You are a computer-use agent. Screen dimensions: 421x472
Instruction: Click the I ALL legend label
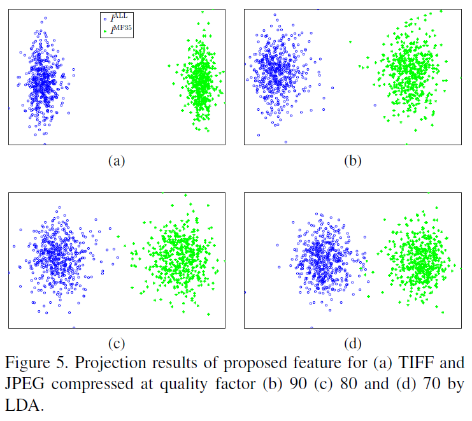click(118, 18)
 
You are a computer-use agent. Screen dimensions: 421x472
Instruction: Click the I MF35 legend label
click(120, 29)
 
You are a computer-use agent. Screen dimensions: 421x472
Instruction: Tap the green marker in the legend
click(105, 29)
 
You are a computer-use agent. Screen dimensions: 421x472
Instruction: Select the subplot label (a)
click(116, 161)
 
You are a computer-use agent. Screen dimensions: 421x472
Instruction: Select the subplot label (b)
click(352, 161)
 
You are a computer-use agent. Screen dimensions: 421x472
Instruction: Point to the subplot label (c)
click(116, 345)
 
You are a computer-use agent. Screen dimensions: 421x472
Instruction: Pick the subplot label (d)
click(352, 345)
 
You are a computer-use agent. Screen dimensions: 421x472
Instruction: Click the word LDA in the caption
click(22, 406)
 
